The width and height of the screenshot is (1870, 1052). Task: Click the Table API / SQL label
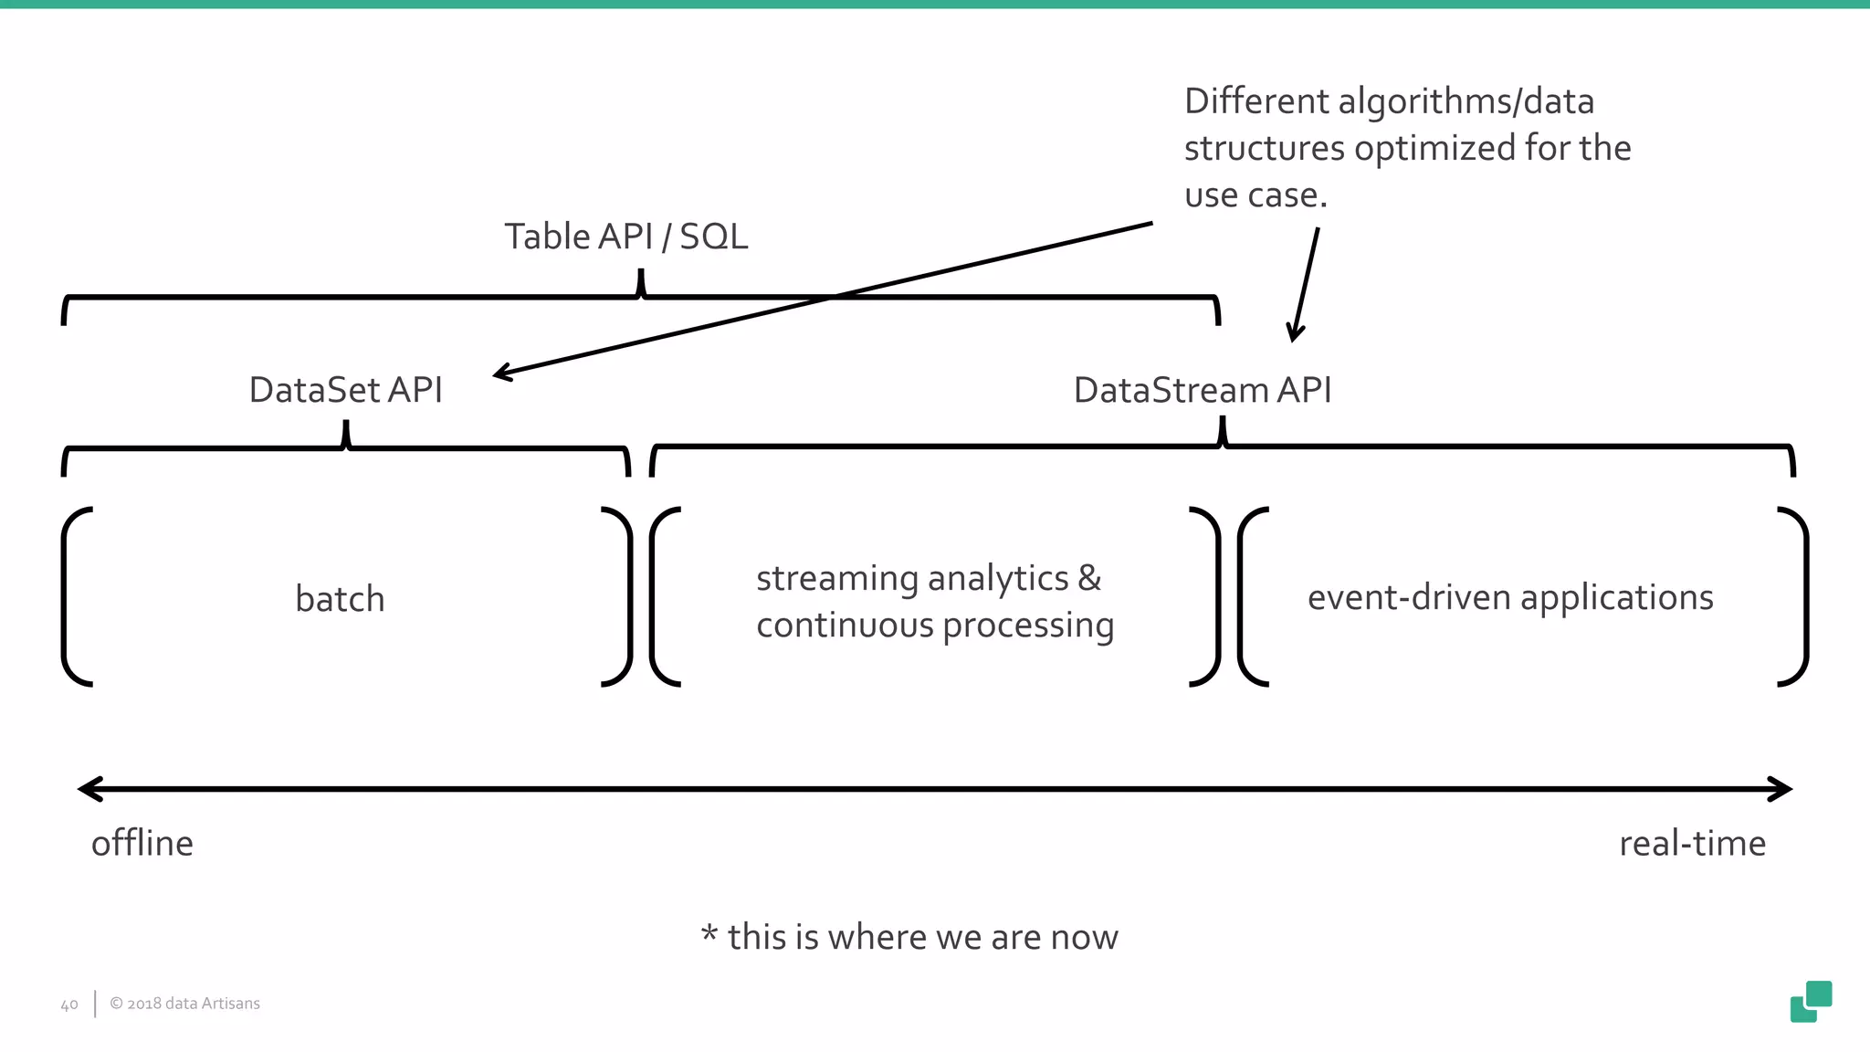(x=626, y=237)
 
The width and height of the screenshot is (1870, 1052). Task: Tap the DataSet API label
(x=345, y=390)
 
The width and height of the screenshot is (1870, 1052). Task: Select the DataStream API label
(x=1202, y=390)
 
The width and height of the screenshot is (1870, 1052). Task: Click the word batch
(x=340, y=599)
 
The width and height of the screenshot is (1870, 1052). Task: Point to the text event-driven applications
(x=1510, y=597)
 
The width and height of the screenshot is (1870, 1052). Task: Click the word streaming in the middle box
(x=836, y=579)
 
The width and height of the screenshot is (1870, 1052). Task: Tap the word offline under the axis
(x=142, y=843)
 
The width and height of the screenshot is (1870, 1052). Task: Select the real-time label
(x=1692, y=843)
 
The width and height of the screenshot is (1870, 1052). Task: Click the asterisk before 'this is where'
(x=709, y=934)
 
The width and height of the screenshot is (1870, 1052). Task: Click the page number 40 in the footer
(x=69, y=1005)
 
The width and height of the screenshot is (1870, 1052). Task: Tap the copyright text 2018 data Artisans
(x=185, y=1004)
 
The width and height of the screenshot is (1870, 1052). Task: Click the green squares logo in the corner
(x=1811, y=1002)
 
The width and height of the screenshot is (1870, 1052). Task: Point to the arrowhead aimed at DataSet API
(x=500, y=373)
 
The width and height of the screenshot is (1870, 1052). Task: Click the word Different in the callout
(x=1256, y=101)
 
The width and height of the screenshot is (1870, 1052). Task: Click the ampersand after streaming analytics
(x=1089, y=578)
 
